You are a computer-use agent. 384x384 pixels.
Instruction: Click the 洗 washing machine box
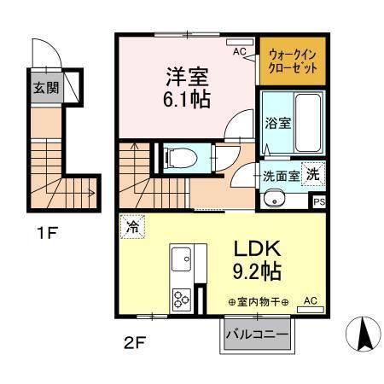314,172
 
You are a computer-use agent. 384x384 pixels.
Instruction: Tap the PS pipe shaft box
318,202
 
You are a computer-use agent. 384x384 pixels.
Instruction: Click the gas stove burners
183,299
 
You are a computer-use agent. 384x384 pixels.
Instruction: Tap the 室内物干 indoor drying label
260,301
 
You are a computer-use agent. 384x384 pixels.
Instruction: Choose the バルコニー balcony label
257,335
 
